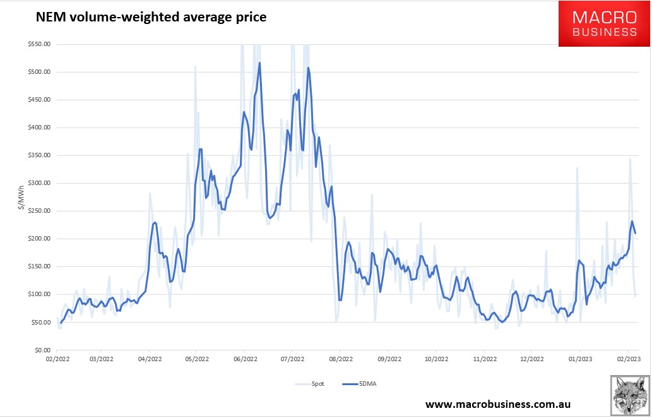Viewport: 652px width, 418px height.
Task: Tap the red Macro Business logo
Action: click(603, 23)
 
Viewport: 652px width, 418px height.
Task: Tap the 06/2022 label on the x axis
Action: click(245, 359)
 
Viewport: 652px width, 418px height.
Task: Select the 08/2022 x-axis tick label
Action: click(340, 359)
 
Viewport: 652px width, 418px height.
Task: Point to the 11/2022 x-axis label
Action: click(483, 359)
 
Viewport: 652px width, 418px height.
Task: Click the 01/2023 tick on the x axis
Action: click(579, 359)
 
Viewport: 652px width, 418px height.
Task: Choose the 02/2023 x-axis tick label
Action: click(628, 359)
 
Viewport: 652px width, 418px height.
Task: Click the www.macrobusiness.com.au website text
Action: click(498, 403)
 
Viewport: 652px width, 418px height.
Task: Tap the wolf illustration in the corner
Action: click(630, 395)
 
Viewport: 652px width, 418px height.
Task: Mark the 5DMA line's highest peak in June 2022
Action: click(259, 63)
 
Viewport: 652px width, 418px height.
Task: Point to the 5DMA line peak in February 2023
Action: click(632, 221)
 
